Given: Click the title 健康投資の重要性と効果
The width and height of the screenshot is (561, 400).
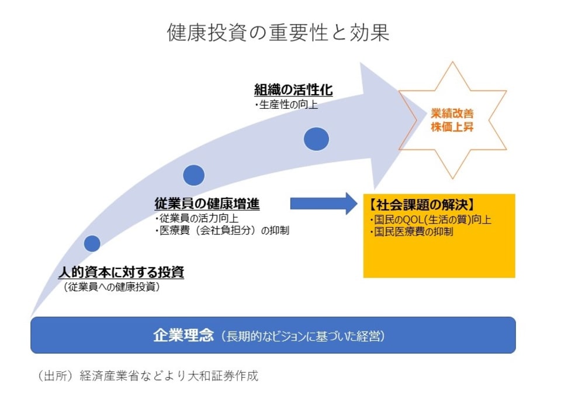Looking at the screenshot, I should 278,33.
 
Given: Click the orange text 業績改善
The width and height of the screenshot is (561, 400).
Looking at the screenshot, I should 452,114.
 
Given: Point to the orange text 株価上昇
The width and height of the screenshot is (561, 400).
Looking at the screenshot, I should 452,127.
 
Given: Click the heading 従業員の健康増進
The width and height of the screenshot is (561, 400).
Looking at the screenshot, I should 207,204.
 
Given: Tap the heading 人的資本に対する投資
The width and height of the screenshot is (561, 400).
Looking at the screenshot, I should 121,272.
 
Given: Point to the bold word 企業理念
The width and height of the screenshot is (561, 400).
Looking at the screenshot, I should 183,336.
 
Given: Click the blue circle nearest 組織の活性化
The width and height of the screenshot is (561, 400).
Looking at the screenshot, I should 317,139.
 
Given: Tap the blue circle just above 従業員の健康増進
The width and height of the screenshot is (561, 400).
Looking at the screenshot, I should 194,175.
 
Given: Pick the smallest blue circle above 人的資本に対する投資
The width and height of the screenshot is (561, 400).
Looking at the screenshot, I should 92,243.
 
